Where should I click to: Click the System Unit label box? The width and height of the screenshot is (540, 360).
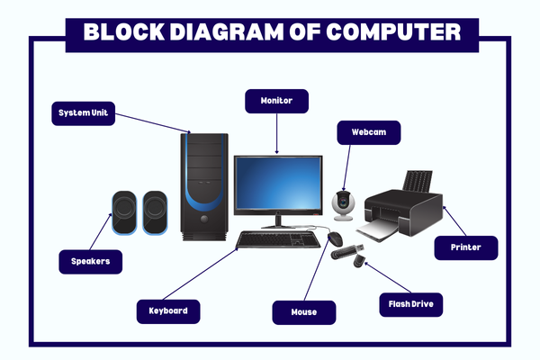point(83,113)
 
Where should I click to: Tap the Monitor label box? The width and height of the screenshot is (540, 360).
point(277,100)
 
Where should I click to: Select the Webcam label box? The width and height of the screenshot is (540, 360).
point(368,132)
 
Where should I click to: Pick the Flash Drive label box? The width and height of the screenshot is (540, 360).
point(410,304)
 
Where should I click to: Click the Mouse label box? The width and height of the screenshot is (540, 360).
point(303,311)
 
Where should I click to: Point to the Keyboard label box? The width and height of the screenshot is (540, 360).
point(167,310)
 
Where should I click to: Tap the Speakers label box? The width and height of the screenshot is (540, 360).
point(90,262)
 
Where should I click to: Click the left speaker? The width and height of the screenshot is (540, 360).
point(124,213)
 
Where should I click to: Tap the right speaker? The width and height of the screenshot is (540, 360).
point(155,213)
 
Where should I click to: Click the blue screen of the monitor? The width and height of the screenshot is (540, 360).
point(277,184)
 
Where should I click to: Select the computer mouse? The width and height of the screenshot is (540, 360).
point(335,238)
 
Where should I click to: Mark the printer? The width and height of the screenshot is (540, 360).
point(402,205)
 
